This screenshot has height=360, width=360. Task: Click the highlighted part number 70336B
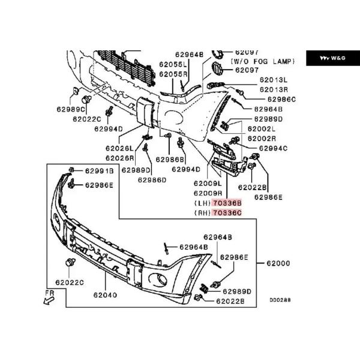tap(227, 203)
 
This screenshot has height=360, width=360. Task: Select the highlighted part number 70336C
tap(227, 213)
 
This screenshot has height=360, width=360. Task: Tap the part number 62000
tap(278, 263)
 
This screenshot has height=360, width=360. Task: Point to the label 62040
tap(105, 295)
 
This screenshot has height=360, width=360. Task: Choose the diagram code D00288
tap(280, 300)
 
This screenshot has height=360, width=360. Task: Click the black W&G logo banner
tap(333, 58)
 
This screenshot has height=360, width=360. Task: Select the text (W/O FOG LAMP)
tap(263, 61)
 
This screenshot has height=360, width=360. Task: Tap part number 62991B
tap(100, 171)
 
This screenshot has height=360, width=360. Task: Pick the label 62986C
tap(282, 100)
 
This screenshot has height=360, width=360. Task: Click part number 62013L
tap(274, 80)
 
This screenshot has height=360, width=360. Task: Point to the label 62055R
tap(173, 74)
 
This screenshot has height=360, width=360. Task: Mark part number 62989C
tap(71, 109)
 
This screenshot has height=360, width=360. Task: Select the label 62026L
tap(119, 148)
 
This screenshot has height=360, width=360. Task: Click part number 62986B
tap(170, 160)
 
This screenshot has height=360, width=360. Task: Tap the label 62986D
tap(152, 180)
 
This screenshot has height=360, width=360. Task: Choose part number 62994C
tap(273, 148)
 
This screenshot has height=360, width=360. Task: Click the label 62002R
tap(262, 139)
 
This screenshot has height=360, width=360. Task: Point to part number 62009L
tap(208, 184)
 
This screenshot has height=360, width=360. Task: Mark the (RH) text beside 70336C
tap(202, 213)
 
